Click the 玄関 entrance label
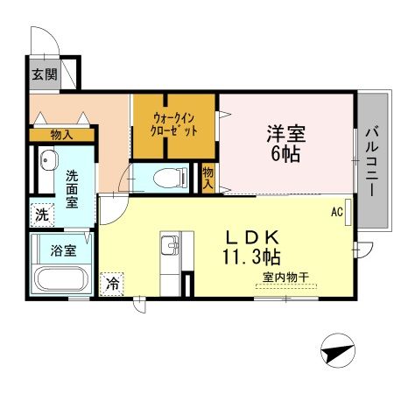[45, 73]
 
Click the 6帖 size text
[286, 158]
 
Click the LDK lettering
[254, 236]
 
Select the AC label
[336, 211]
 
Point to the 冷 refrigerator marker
[112, 283]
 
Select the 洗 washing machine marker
[42, 213]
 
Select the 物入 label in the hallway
[61, 135]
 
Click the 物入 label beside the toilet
[209, 178]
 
